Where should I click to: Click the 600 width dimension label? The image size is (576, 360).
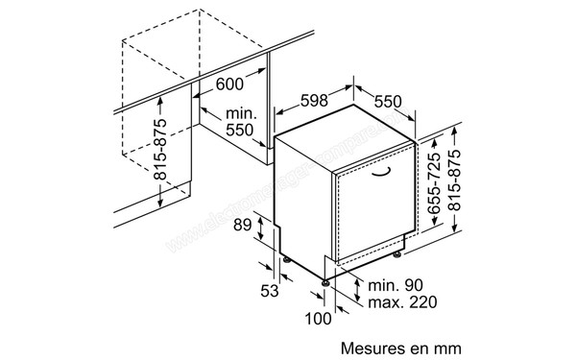229,84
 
